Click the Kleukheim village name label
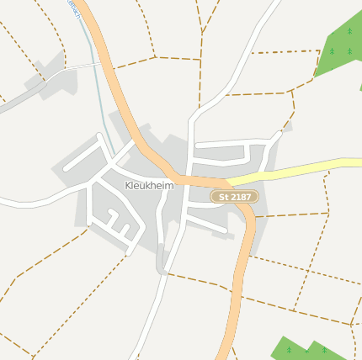(x=149, y=185)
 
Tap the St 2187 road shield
(x=234, y=196)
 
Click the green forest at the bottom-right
(x=307, y=349)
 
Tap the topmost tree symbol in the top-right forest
(x=349, y=31)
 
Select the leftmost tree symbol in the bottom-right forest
(x=289, y=349)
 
